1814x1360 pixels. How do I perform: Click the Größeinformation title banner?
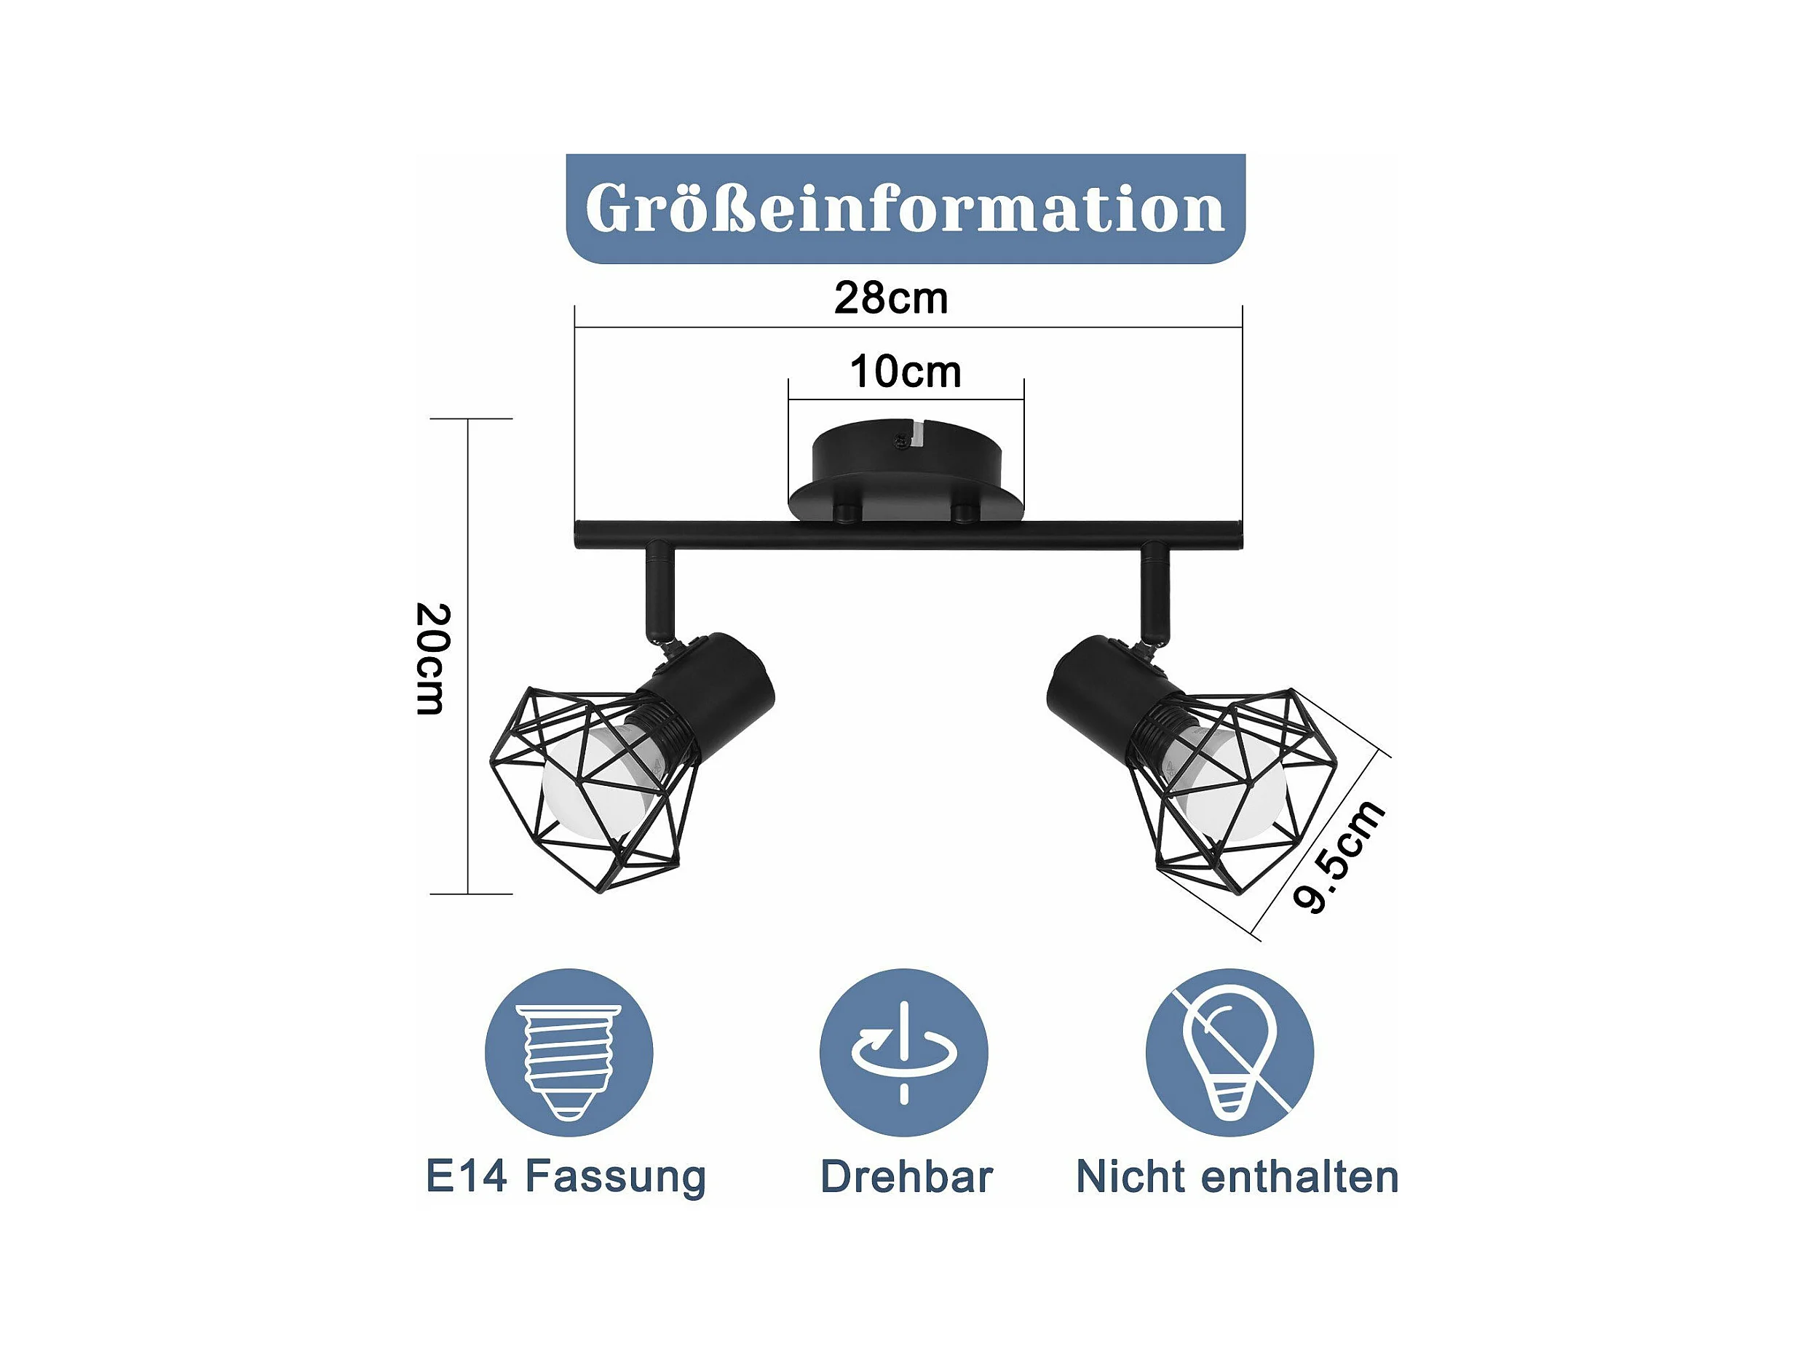(906, 208)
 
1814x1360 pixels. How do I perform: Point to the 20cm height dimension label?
(433, 659)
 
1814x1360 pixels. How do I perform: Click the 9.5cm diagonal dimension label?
(1339, 856)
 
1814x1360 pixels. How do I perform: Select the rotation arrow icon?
(903, 1054)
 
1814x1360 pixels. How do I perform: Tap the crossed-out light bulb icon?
(1230, 1054)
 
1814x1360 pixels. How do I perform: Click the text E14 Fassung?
(566, 1177)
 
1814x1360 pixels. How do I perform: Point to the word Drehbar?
(906, 1177)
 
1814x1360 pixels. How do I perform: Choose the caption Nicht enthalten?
(1237, 1177)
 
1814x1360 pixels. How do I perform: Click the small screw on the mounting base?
(902, 441)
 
